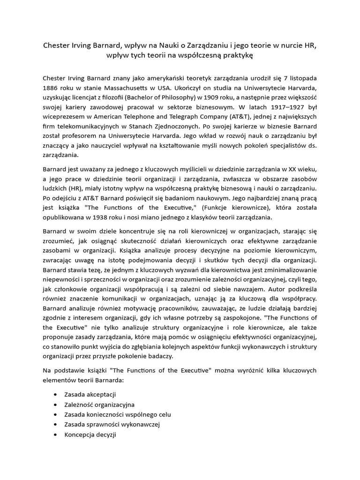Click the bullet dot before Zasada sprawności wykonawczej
57,424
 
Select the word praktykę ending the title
232,56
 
